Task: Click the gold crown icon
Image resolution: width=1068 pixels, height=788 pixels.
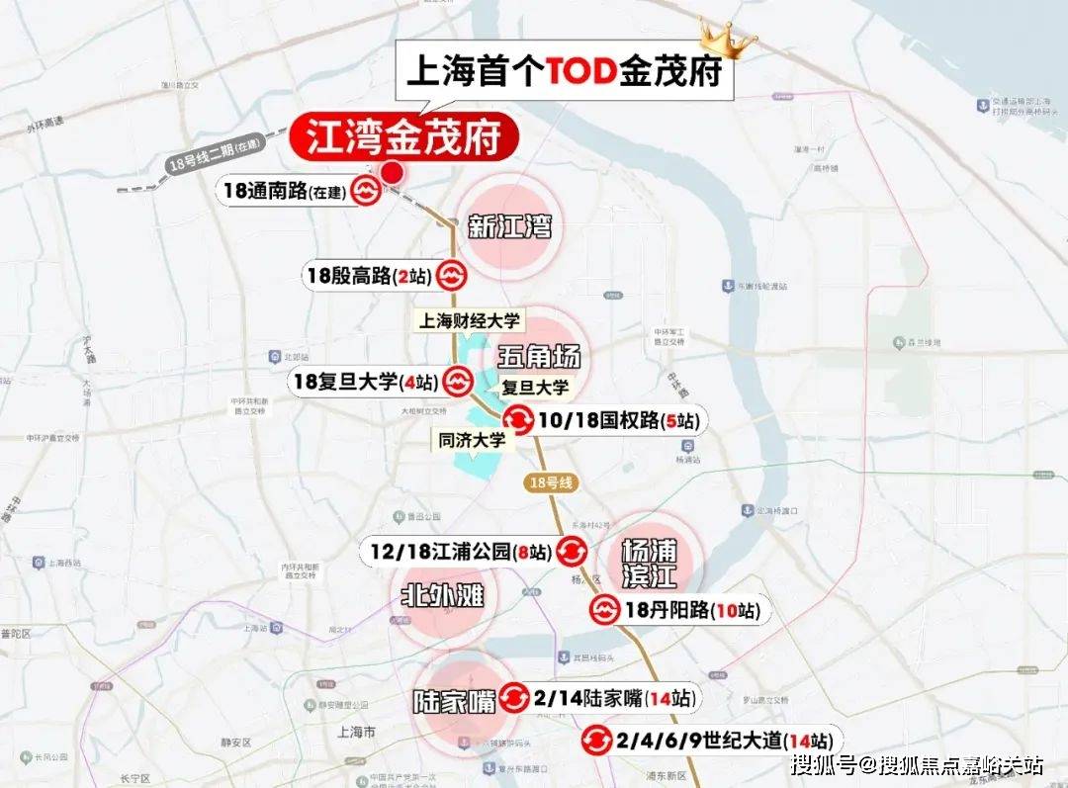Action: coord(727,39)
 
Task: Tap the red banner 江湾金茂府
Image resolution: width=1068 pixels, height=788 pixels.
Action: coord(403,137)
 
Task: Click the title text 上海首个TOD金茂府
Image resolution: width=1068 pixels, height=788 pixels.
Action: coord(565,72)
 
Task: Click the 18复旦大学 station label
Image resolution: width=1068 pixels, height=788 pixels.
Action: coord(363,381)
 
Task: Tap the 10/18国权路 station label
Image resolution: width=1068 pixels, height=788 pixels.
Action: coord(619,421)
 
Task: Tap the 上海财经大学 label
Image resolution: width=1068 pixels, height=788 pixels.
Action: coord(470,320)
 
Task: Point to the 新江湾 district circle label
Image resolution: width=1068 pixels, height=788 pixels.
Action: coord(509,228)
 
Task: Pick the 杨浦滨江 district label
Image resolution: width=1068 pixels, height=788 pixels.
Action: coord(649,564)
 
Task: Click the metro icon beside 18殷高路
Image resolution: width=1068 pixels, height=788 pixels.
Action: coord(452,275)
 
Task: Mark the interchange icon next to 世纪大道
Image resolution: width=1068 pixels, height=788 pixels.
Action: coord(596,740)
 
